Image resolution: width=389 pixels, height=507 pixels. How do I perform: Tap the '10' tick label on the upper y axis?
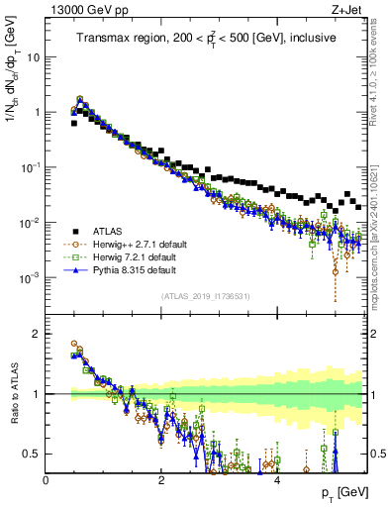click(34, 56)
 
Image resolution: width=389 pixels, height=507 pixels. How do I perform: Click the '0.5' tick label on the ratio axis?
click(34, 454)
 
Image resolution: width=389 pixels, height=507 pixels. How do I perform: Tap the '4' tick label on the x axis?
click(277, 480)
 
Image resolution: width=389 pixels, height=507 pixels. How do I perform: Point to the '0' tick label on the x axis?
click(47, 480)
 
